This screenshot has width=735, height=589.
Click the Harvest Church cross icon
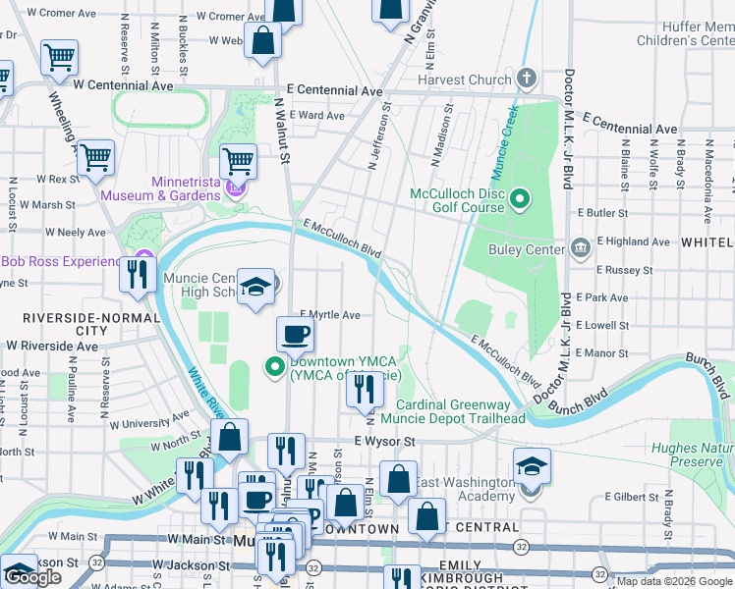(x=527, y=79)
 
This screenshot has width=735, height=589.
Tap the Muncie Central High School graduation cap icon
(x=256, y=287)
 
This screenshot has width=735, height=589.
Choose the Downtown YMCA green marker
(x=274, y=367)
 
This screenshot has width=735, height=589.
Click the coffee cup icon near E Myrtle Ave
(x=294, y=335)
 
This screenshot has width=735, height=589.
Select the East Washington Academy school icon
(x=531, y=465)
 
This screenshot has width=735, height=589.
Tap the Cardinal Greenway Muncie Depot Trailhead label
(x=460, y=411)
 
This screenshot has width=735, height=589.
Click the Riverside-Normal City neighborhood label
(x=65, y=325)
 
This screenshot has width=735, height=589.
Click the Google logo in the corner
(x=33, y=577)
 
